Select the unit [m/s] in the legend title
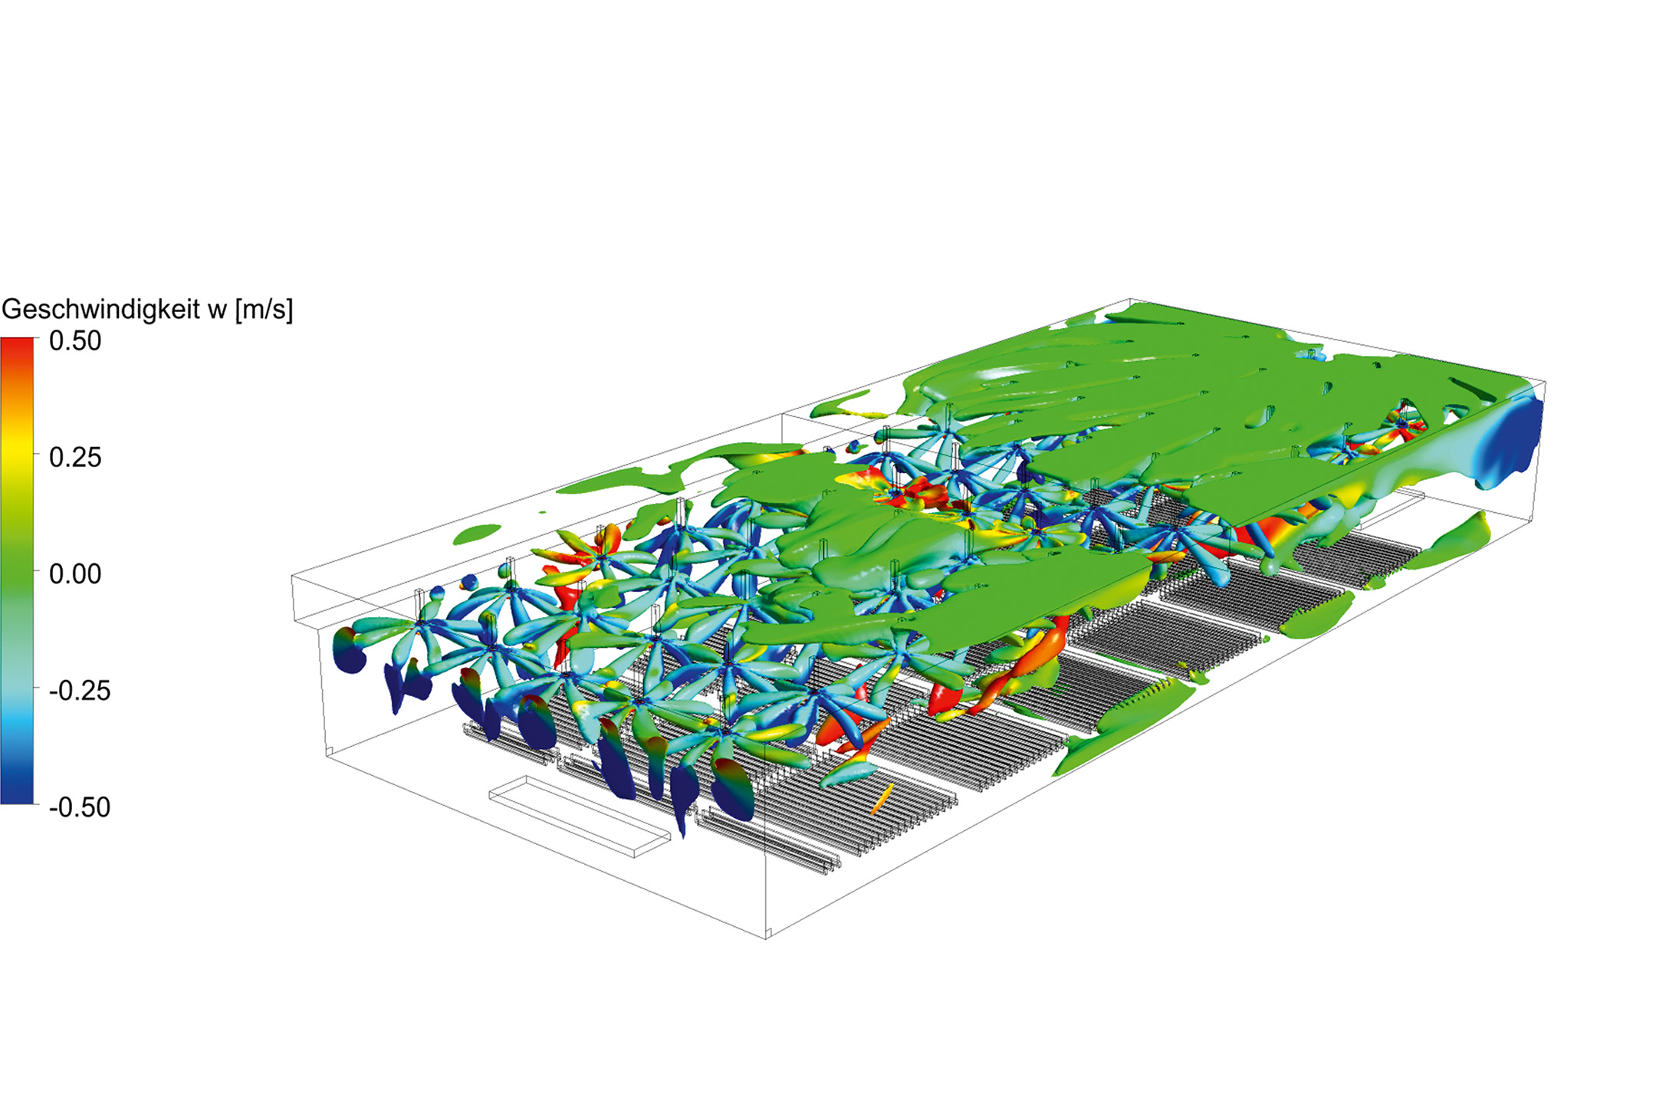coord(264,310)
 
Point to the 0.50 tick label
coord(75,341)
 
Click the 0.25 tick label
coord(75,458)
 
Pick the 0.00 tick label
coord(75,574)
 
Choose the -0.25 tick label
coord(80,691)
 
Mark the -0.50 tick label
coord(80,807)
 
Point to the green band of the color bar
coord(17,574)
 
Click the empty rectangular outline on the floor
coord(580,817)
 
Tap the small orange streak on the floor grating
coord(882,799)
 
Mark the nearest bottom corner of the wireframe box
coord(767,937)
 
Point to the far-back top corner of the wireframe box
coord(1131,299)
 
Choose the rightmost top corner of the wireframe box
coord(1545,381)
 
